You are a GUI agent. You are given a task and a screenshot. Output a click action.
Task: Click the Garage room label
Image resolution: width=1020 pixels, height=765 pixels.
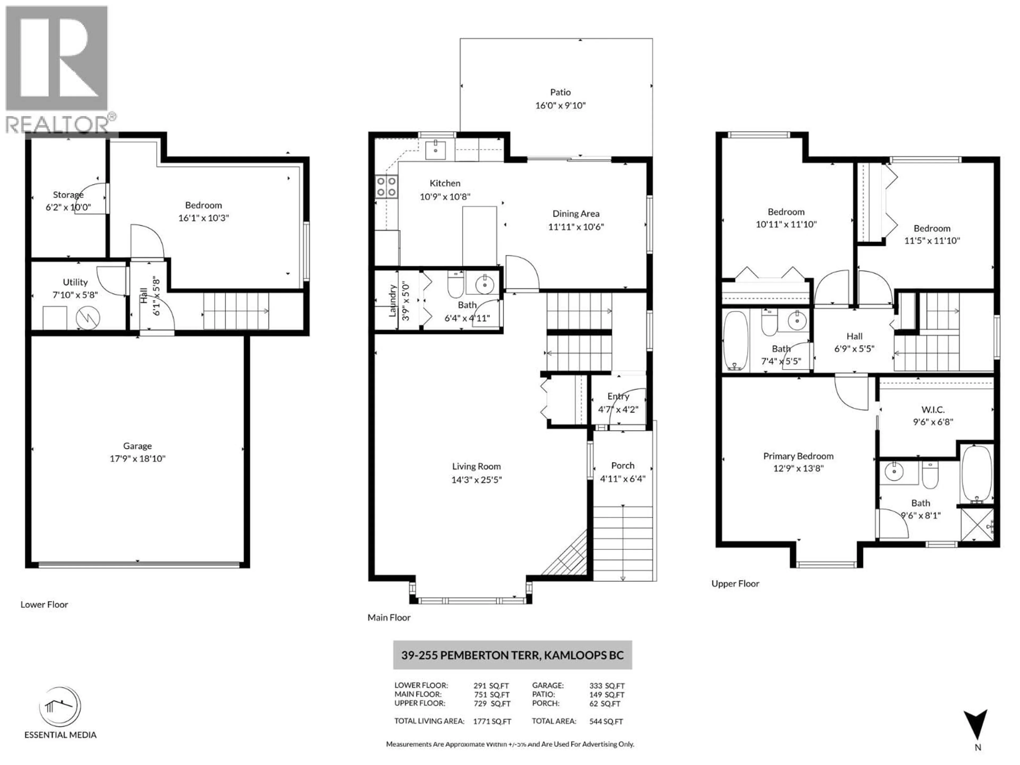[137, 446]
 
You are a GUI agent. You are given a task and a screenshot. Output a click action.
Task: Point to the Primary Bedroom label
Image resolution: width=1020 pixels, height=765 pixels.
[798, 456]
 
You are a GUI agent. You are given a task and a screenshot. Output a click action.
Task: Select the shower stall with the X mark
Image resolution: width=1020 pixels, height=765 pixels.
[977, 524]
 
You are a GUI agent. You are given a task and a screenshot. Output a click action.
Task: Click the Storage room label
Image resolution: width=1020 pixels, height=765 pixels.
[68, 195]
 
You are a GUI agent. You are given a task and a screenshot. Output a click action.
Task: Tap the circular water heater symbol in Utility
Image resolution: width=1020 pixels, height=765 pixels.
[88, 318]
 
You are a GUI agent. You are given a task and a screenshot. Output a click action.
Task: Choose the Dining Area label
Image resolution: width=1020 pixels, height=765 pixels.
[576, 214]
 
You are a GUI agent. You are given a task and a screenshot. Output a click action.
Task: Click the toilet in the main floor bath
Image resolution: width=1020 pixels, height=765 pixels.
[456, 286]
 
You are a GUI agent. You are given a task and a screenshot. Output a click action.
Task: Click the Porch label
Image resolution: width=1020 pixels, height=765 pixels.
[623, 466]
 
